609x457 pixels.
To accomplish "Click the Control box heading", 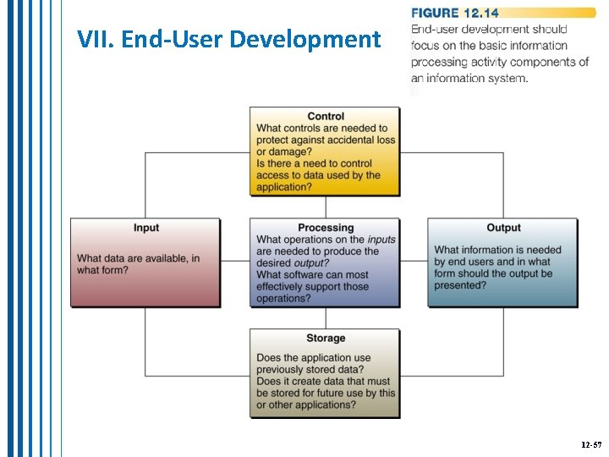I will point(326,117).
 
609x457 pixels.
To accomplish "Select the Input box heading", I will point(146,228).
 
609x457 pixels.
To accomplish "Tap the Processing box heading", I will point(326,228).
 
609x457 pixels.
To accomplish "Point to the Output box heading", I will point(503,228).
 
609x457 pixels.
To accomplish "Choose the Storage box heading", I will point(326,339).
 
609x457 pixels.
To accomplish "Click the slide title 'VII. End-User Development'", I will point(228,39).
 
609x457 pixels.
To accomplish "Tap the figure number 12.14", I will point(480,13).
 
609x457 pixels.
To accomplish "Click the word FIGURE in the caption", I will point(435,13).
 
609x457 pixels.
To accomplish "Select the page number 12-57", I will point(591,443).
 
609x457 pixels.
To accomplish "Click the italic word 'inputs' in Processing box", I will point(381,240).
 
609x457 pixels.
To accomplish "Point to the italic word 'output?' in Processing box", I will point(310,263).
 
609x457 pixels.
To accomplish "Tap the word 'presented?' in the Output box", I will point(460,285).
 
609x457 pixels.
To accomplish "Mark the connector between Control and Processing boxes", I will point(326,207).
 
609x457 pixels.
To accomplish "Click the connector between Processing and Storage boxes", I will point(326,318).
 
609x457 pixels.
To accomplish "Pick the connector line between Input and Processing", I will point(236,262).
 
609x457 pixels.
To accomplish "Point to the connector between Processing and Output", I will point(414,262).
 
